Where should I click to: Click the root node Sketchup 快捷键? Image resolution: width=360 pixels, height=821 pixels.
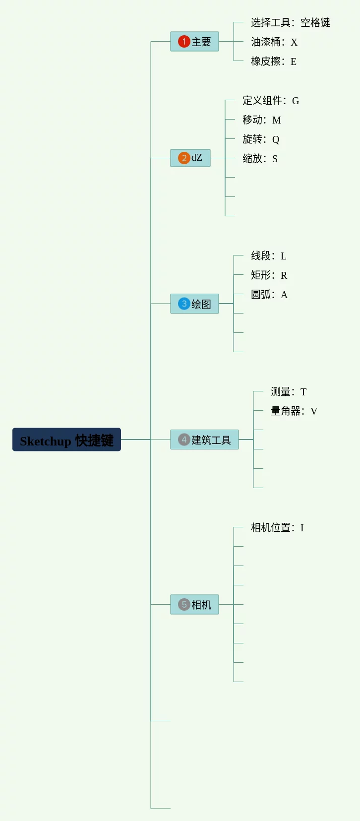[66, 440]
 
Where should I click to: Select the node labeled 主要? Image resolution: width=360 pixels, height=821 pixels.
[194, 41]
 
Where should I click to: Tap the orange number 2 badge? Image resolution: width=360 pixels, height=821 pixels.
[184, 158]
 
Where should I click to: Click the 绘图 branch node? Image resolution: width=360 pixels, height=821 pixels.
[194, 304]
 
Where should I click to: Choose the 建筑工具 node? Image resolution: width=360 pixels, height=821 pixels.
[204, 440]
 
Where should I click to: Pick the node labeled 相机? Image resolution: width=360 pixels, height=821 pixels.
[194, 604]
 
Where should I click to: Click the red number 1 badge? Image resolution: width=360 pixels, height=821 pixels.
[184, 41]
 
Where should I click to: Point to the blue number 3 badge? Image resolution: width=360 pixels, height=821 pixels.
[184, 304]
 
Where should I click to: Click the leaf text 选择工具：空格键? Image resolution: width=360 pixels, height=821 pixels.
[291, 23]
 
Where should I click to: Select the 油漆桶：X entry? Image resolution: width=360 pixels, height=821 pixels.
[274, 42]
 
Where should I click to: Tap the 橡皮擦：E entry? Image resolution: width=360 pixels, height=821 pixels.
[274, 61]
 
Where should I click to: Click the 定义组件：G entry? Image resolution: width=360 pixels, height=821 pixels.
[271, 100]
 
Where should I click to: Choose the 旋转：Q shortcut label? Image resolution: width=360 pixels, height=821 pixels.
[261, 139]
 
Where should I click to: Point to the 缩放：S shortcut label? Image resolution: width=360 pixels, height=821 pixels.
[260, 159]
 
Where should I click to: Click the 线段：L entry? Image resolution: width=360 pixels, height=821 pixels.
[269, 256]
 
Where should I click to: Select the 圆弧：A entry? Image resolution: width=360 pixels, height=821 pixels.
[269, 295]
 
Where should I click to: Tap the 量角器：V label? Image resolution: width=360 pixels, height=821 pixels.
[294, 411]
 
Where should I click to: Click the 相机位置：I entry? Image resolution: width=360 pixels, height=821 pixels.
[277, 528]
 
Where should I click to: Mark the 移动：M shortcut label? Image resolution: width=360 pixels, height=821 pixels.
[262, 120]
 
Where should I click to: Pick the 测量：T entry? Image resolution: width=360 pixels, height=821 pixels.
[289, 392]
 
